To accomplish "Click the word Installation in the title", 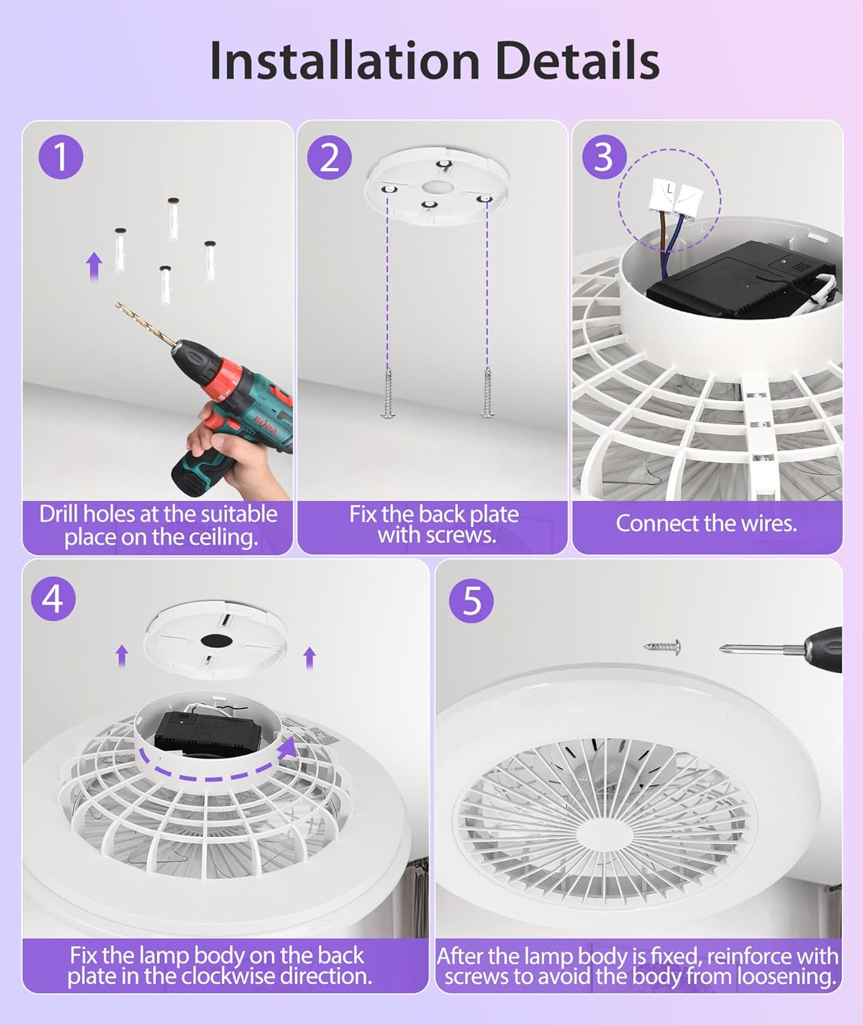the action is coord(344,60).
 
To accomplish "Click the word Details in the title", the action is coord(577,60).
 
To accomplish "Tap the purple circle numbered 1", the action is coord(61,157).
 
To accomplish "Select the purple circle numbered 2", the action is coord(329,157).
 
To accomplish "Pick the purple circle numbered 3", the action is coord(604,157).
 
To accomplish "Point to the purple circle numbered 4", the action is coord(53,599).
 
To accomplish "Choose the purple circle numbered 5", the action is coord(471,601).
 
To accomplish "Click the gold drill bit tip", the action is coord(117,304).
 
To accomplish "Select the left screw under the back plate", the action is coord(388,393).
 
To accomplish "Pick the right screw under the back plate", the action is coord(487,392).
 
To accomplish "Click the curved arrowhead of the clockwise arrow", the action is coord(288,748).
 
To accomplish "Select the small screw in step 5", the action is coord(662,646).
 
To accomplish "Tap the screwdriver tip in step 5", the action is coord(722,649).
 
